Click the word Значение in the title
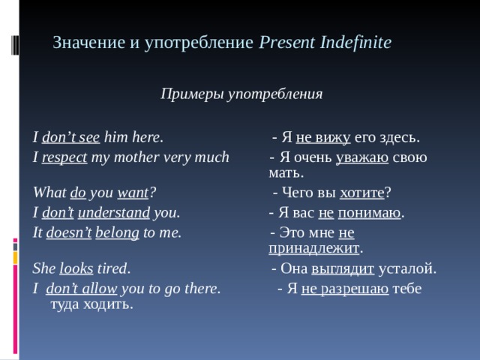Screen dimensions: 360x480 pyautogui.click(x=83, y=43)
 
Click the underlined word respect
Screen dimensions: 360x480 pyautogui.click(x=64, y=157)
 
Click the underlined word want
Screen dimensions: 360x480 pyautogui.click(x=134, y=193)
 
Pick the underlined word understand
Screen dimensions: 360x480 pyautogui.click(x=114, y=212)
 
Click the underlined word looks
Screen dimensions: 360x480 pyautogui.click(x=76, y=268)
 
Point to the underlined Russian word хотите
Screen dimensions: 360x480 pyautogui.click(x=362, y=193)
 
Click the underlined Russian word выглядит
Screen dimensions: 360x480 pyautogui.click(x=343, y=268)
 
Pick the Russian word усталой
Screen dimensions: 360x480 pyautogui.click(x=407, y=268)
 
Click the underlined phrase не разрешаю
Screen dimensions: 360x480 pyautogui.click(x=344, y=288)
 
